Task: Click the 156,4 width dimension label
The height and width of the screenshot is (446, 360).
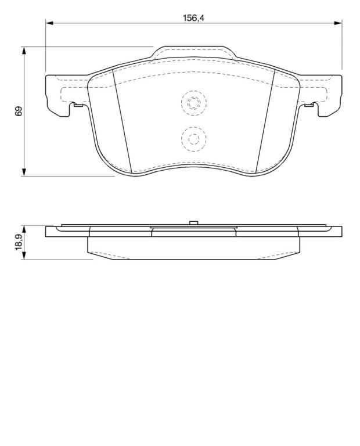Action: [193, 18]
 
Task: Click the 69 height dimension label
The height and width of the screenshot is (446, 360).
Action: [19, 111]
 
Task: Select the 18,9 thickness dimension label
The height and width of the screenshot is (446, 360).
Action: [19, 242]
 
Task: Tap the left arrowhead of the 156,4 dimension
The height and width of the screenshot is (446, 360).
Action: [49, 23]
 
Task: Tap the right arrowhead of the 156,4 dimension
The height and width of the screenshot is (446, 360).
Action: [338, 23]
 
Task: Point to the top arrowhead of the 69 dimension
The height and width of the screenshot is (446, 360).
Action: [24, 51]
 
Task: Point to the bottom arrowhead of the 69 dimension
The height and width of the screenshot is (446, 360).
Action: [24, 172]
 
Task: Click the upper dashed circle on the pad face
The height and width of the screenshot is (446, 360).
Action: [194, 103]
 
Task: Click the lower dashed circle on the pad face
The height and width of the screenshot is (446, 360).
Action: [194, 139]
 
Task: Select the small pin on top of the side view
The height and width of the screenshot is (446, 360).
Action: [194, 223]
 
